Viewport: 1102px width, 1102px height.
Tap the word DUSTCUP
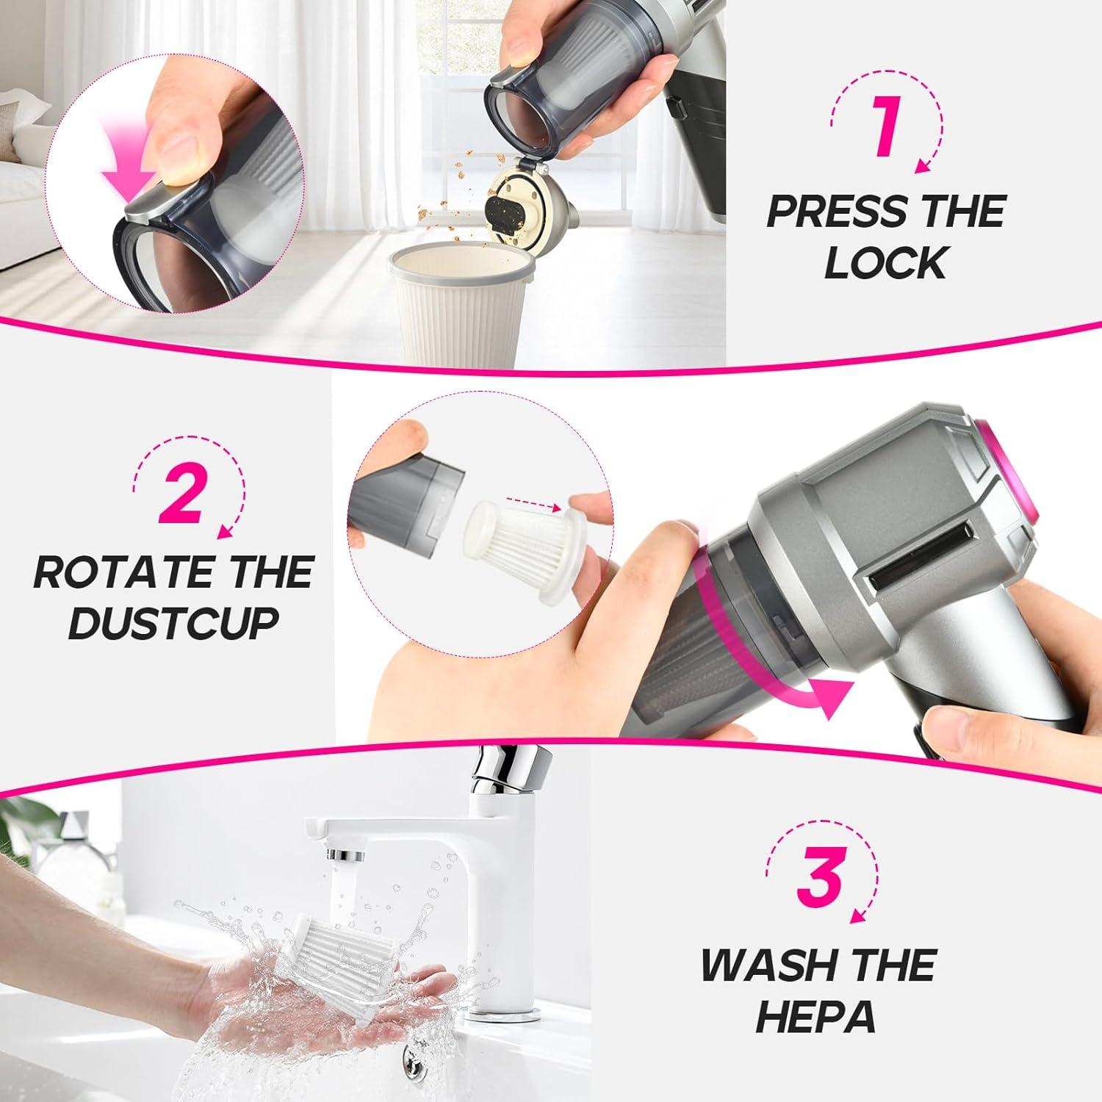click(173, 623)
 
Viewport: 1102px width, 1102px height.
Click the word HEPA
click(815, 1016)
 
